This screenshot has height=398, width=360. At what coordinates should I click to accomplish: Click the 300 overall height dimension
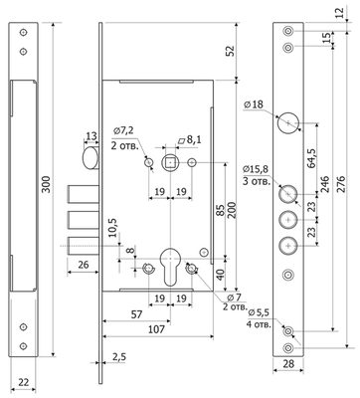[x=47, y=184]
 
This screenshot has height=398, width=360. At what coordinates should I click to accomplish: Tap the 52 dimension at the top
[x=230, y=51]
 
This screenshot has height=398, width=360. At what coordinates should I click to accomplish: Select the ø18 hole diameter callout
[x=254, y=104]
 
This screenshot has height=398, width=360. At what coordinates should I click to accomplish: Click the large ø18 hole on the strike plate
[x=288, y=123]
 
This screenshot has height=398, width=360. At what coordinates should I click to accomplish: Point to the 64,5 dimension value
[x=311, y=158]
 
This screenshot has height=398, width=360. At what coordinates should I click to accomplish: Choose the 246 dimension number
[x=324, y=185]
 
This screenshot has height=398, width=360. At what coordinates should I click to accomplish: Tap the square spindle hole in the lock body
[x=170, y=162]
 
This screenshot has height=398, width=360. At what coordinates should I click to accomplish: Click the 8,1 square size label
[x=190, y=139]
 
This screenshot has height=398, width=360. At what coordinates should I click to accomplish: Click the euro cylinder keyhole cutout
[x=170, y=267]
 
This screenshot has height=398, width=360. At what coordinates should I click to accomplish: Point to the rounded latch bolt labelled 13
[x=90, y=158]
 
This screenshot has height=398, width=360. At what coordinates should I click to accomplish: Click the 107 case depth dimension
[x=156, y=329]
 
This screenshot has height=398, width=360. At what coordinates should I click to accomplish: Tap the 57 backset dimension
[x=136, y=314]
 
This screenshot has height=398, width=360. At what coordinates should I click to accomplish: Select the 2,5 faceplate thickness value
[x=119, y=357]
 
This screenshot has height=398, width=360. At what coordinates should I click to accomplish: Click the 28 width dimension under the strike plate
[x=288, y=364]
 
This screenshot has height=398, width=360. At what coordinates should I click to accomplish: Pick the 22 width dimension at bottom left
[x=23, y=382]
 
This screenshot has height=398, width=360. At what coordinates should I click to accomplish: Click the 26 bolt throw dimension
[x=83, y=265]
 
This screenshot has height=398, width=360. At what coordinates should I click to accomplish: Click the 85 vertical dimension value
[x=221, y=209]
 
